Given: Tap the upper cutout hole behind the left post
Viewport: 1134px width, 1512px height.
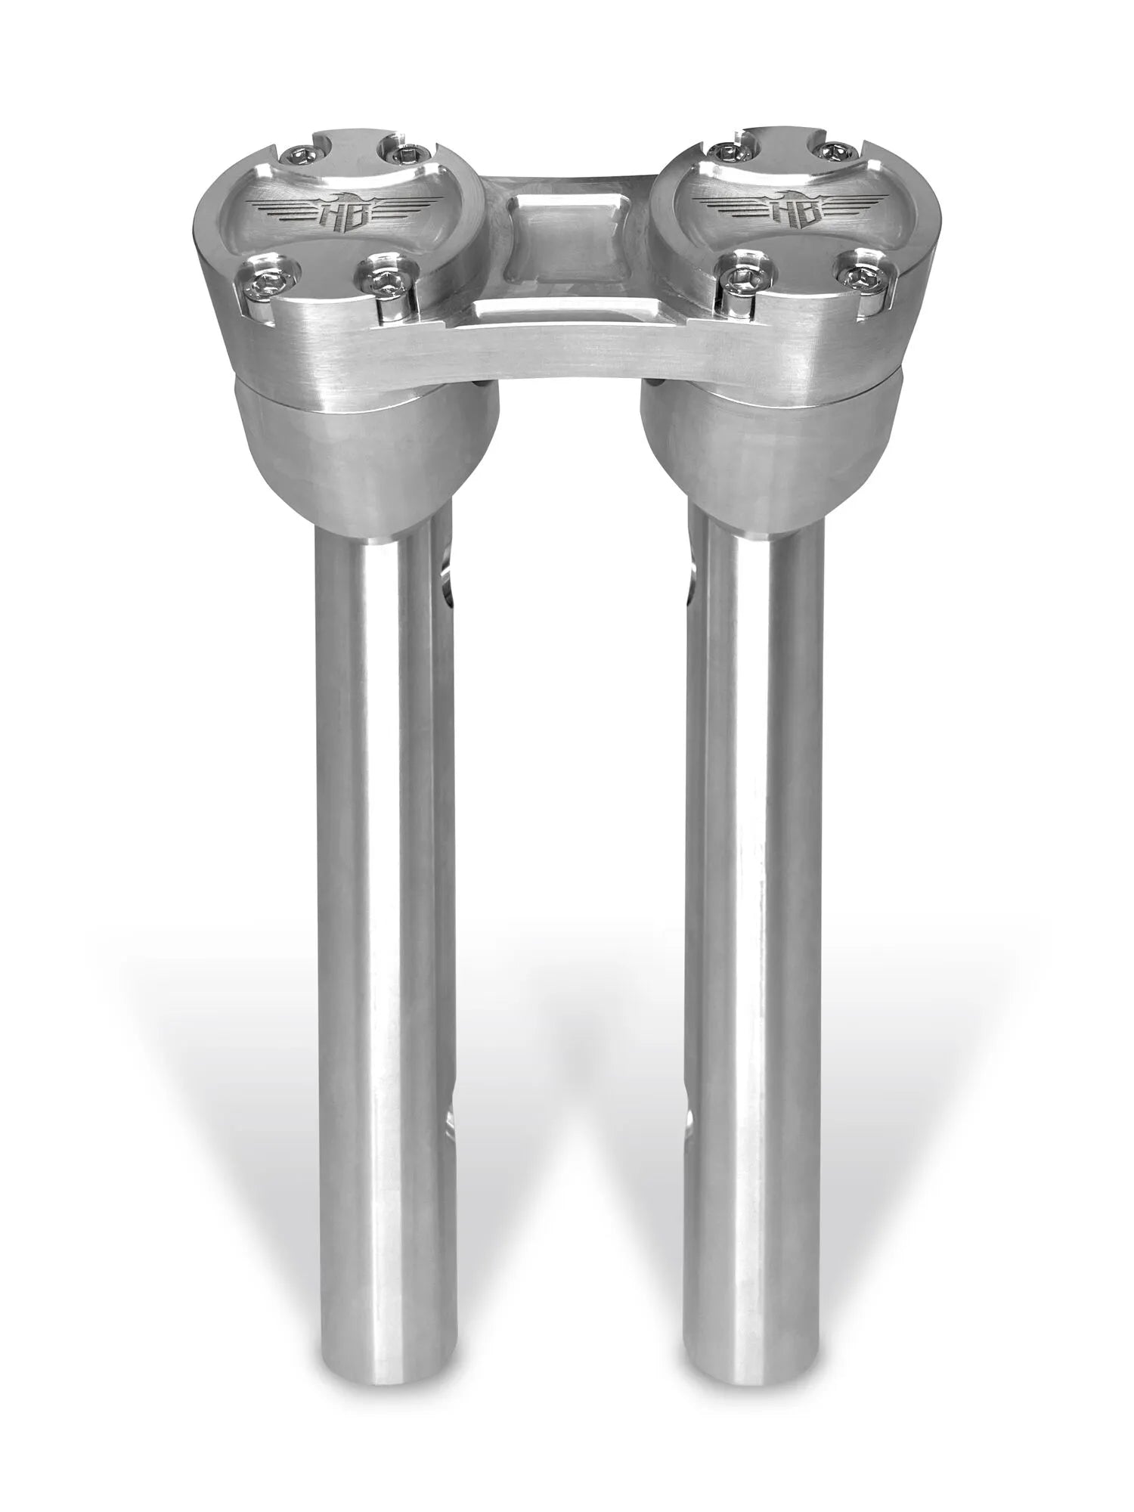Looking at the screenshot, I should (x=446, y=581).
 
